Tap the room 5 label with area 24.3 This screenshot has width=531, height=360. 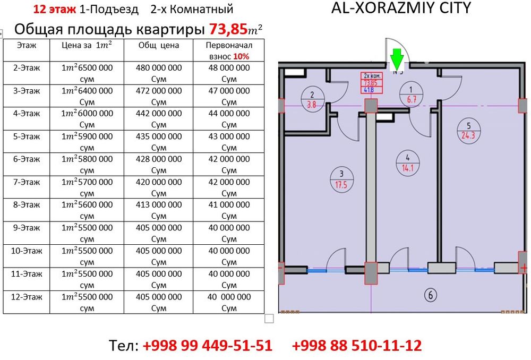pos(468,130)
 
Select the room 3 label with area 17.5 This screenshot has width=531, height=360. pos(341,178)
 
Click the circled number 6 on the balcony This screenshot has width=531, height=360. pos(431,294)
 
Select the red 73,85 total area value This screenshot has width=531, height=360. pos(229,29)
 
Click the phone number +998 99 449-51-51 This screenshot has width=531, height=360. pos(207,346)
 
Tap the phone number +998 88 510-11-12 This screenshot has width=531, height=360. pos(357,346)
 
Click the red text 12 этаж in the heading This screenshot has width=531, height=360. pos(54,9)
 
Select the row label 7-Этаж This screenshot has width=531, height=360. pos(27,182)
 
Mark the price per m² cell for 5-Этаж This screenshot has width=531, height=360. pos(87,142)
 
